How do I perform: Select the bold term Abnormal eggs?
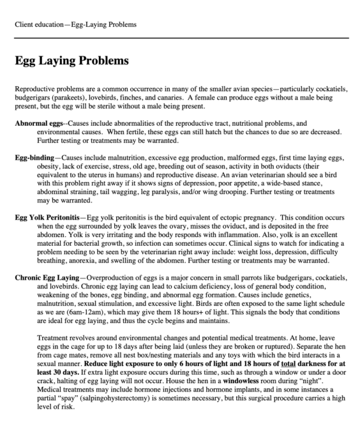click(39, 121)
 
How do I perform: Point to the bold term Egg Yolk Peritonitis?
click(49, 218)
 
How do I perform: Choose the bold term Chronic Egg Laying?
click(48, 278)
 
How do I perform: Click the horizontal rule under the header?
click(180, 38)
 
